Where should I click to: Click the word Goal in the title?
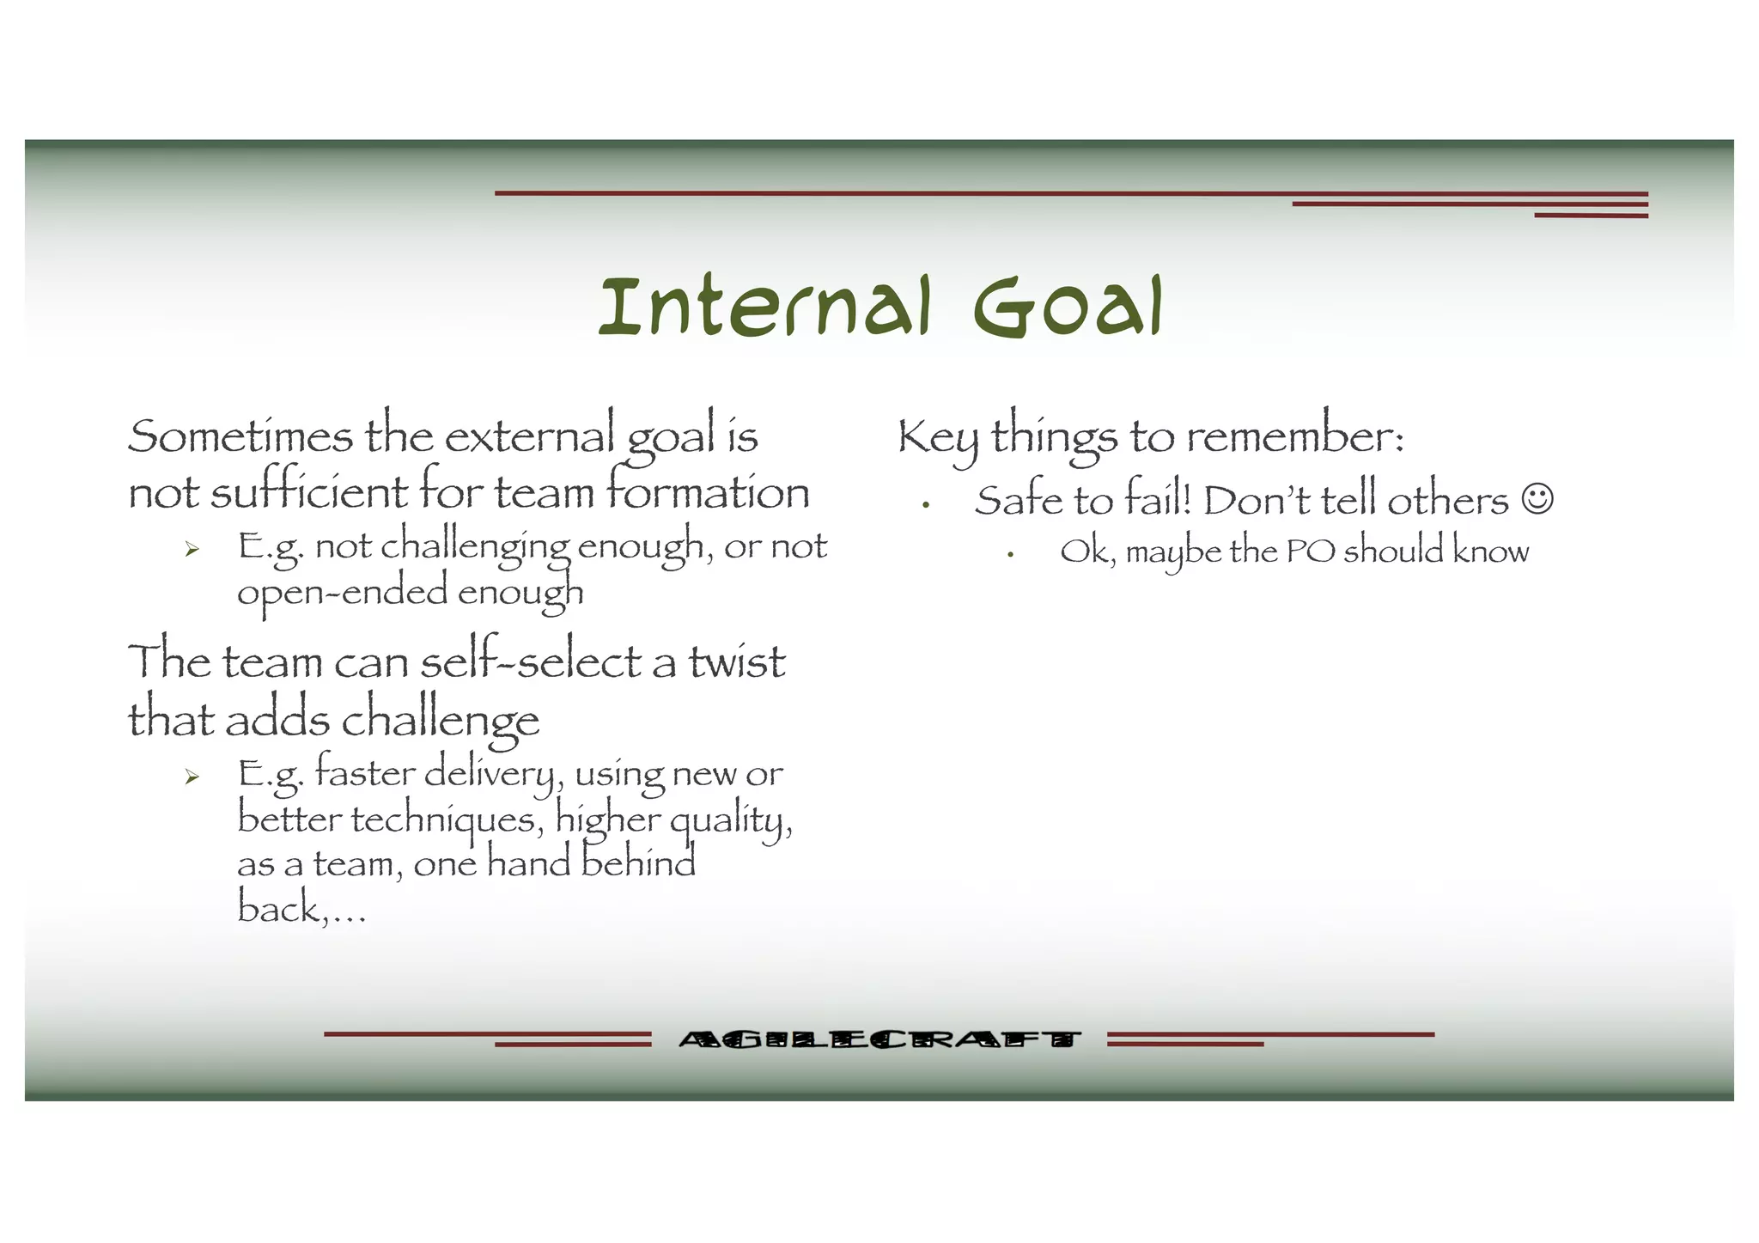1068,307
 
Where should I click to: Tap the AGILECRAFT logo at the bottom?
879,1039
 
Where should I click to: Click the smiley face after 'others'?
1537,499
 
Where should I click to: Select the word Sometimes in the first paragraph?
240,436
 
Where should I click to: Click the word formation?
708,492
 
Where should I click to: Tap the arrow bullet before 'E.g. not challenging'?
192,550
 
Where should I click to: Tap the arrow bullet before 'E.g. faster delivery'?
192,777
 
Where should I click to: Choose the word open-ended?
342,594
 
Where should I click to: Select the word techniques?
447,820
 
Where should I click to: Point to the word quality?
730,821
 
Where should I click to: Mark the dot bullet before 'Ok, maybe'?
1011,555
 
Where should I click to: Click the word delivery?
495,774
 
